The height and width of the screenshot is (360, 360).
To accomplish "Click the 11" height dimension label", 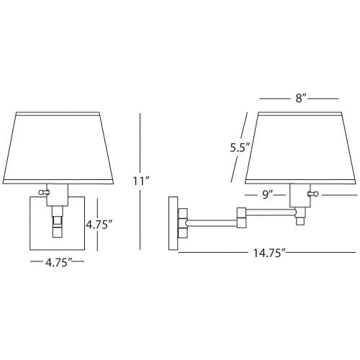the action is click(x=142, y=181).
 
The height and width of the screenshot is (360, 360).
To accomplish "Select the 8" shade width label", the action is click(x=301, y=98).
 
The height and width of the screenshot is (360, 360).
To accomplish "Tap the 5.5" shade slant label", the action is click(x=240, y=148).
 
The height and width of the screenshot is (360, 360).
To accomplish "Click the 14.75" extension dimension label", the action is click(x=270, y=253).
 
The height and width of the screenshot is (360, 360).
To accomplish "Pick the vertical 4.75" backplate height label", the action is click(x=99, y=225).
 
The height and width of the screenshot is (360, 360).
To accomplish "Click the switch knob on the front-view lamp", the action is click(x=43, y=192).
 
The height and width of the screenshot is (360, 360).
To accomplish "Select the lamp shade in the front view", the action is click(x=58, y=148).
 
